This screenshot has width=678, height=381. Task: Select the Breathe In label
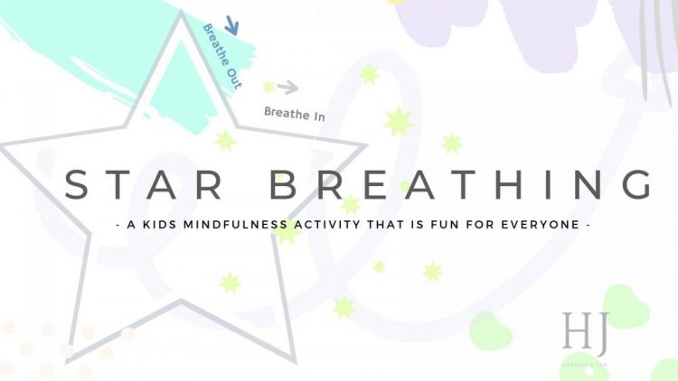(294, 114)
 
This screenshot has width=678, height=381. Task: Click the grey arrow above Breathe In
(287, 88)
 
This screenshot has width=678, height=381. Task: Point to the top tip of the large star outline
(187, 14)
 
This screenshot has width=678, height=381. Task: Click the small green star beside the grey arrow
(268, 87)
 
